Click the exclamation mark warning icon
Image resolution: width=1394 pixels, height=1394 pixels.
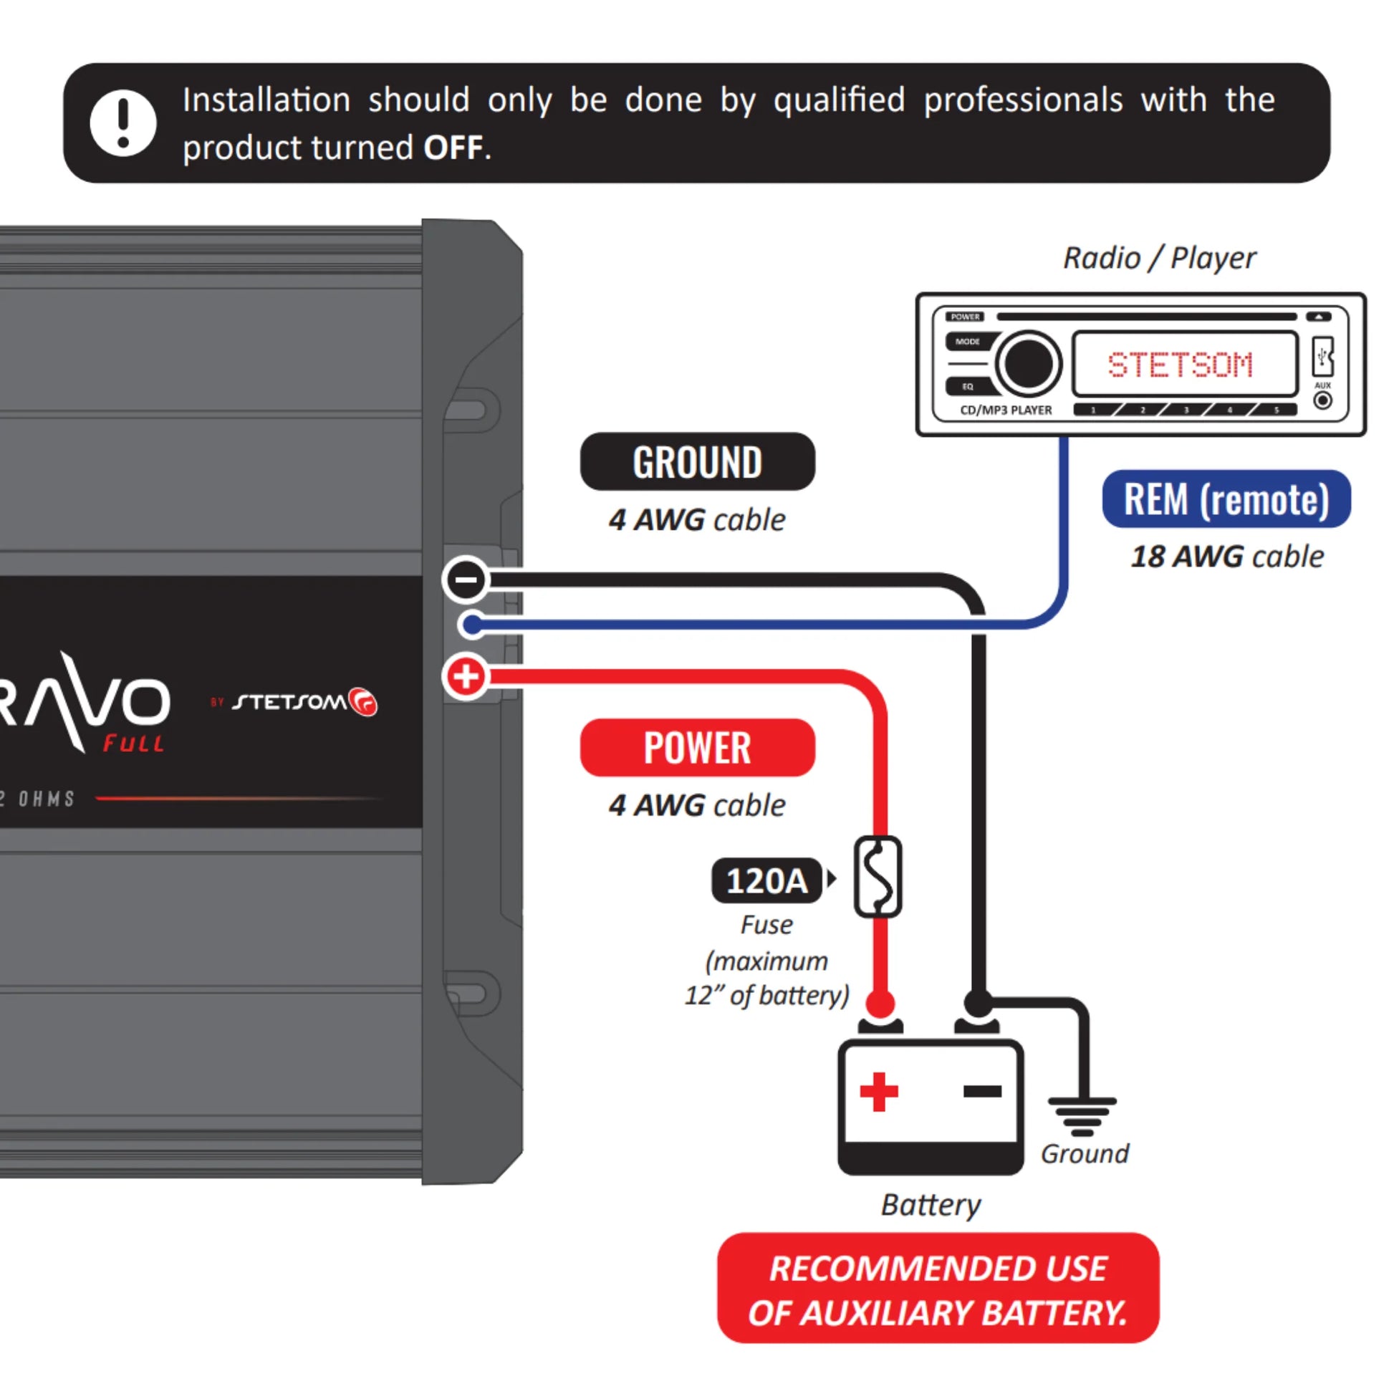click(x=122, y=122)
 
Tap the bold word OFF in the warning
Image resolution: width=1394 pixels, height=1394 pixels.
click(x=453, y=148)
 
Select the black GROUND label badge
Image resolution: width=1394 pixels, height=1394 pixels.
click(x=697, y=462)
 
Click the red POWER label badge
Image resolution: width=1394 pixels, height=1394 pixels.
click(x=697, y=748)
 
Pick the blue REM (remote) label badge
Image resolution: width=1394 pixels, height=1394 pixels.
click(x=1226, y=499)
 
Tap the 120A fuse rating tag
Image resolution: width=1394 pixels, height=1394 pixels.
click(x=766, y=880)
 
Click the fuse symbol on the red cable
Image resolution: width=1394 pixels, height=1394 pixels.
click(x=878, y=877)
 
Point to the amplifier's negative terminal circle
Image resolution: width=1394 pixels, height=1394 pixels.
click(x=466, y=580)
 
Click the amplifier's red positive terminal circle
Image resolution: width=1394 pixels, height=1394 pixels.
click(x=466, y=677)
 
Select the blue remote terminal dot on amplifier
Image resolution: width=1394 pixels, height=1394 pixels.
click(x=473, y=625)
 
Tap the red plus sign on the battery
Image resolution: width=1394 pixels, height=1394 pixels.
click(x=879, y=1092)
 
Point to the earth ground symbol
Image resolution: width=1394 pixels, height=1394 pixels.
click(x=1082, y=1115)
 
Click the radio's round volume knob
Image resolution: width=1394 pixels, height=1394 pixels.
click(x=1027, y=365)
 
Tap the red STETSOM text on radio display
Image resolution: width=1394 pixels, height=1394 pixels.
click(x=1180, y=365)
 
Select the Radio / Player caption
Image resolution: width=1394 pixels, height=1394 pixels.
click(x=1159, y=259)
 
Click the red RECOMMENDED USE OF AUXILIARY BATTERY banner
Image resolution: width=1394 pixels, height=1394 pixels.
click(x=937, y=1289)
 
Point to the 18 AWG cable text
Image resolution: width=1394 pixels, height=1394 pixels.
click(x=1226, y=557)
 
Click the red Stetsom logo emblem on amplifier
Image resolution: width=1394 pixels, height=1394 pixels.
click(x=363, y=701)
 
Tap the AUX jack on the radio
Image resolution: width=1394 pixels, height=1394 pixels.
click(x=1322, y=400)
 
